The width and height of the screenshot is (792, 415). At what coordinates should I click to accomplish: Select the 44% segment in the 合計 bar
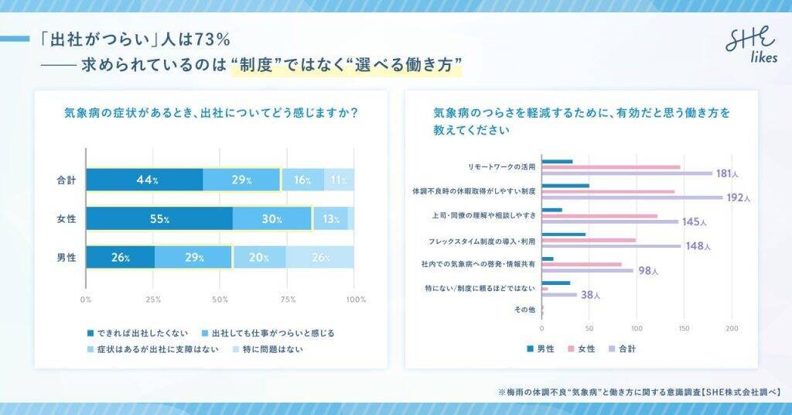click(144, 180)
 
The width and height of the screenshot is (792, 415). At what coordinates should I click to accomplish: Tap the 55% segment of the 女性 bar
click(159, 218)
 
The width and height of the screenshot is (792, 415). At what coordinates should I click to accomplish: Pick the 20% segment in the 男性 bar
click(259, 257)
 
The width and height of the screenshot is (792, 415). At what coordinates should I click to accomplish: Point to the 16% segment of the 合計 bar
click(302, 180)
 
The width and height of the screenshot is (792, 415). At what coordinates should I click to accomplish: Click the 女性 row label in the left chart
click(67, 219)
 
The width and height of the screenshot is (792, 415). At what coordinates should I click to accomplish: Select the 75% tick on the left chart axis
click(288, 299)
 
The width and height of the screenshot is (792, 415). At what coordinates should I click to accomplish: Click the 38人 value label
click(591, 295)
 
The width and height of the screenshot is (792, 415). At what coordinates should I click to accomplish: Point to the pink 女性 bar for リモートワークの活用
click(611, 166)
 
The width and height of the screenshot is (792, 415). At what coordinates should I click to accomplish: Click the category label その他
click(524, 310)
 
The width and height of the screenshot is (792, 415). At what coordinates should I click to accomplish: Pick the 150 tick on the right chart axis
click(683, 328)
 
